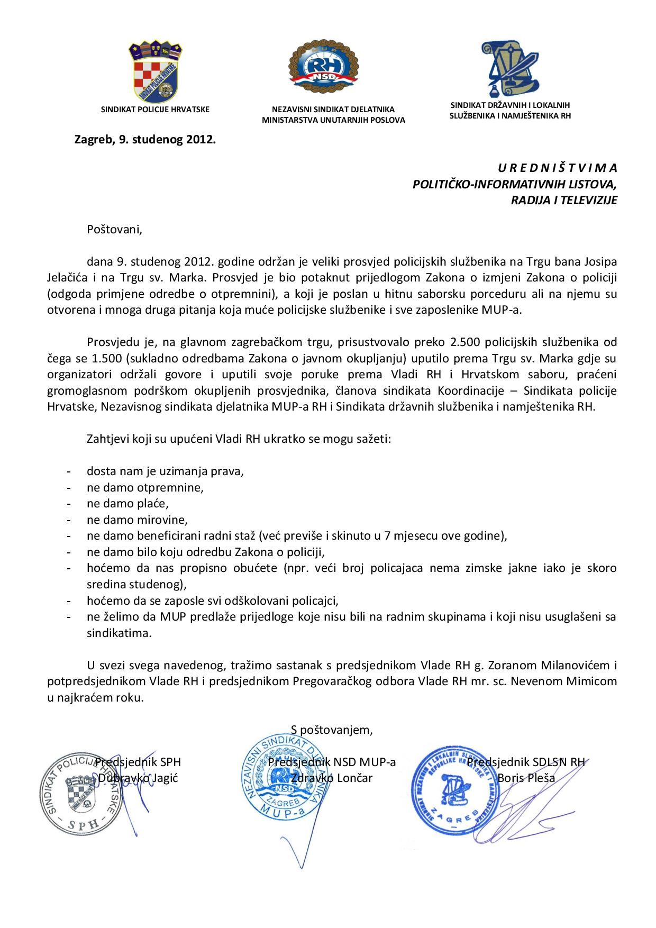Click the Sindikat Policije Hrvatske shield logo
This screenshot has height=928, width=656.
point(155,72)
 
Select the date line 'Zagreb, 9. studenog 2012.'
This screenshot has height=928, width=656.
point(145,140)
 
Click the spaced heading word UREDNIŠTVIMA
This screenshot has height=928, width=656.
point(557,168)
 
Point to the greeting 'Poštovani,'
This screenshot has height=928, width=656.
point(115,230)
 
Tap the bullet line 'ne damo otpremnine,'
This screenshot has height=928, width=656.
point(145,487)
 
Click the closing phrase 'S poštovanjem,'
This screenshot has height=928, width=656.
point(332,730)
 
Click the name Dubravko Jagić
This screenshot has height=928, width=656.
point(138,778)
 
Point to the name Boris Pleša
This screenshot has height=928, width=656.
point(526,778)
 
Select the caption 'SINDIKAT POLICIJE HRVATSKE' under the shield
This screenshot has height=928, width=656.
point(155,110)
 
